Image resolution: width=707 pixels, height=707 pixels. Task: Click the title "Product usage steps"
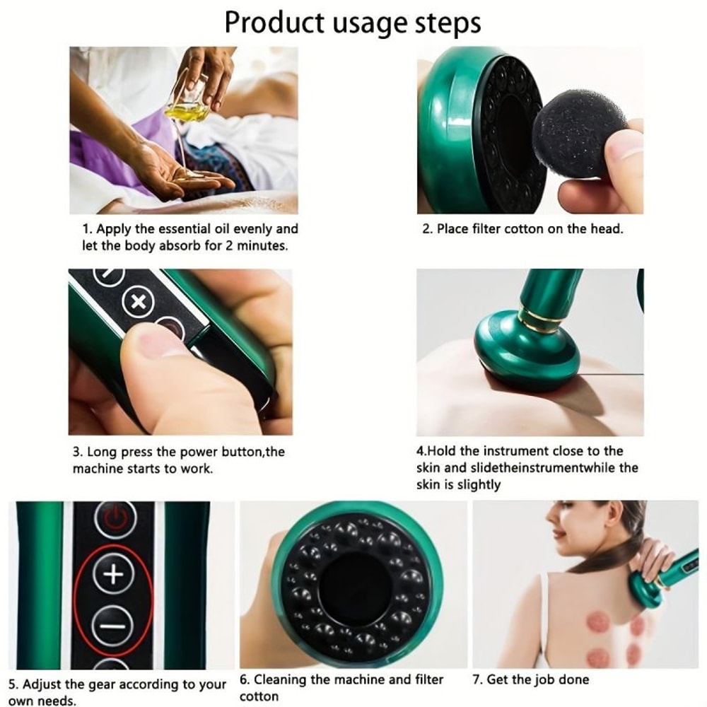point(353,23)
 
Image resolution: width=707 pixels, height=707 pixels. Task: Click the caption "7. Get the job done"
point(530,680)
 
